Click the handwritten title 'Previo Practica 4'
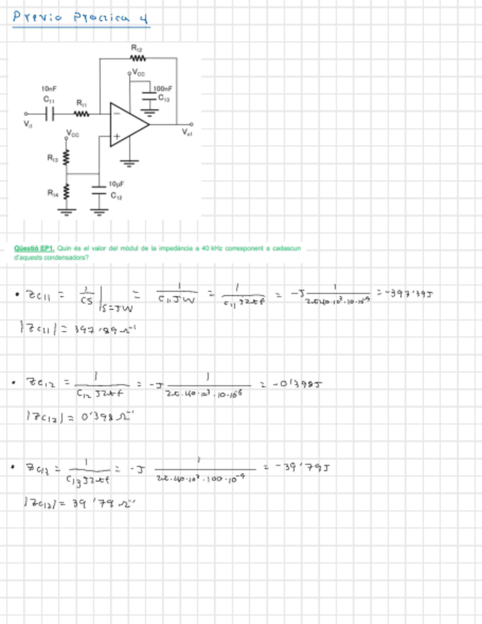coord(81,17)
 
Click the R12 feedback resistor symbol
coord(138,57)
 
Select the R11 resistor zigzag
coord(81,114)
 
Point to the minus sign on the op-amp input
coord(115,113)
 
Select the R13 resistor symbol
coord(66,158)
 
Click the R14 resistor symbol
coord(66,194)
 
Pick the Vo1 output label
coord(187,132)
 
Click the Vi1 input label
coord(28,124)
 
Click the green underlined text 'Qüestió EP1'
coord(35,249)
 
